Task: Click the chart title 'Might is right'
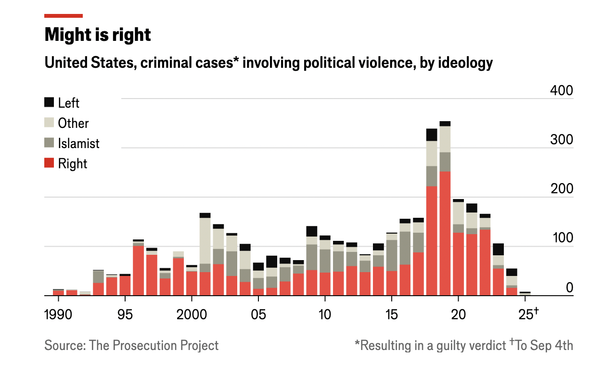coord(98,35)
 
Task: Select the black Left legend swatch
coord(49,102)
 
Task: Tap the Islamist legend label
coord(78,143)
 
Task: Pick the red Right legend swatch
coord(49,163)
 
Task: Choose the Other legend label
coord(73,123)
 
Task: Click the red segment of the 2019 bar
coord(445,233)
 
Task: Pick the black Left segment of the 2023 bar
coord(498,249)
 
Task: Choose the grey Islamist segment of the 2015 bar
coord(392,255)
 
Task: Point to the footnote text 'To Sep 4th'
coord(544,345)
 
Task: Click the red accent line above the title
coord(64,16)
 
